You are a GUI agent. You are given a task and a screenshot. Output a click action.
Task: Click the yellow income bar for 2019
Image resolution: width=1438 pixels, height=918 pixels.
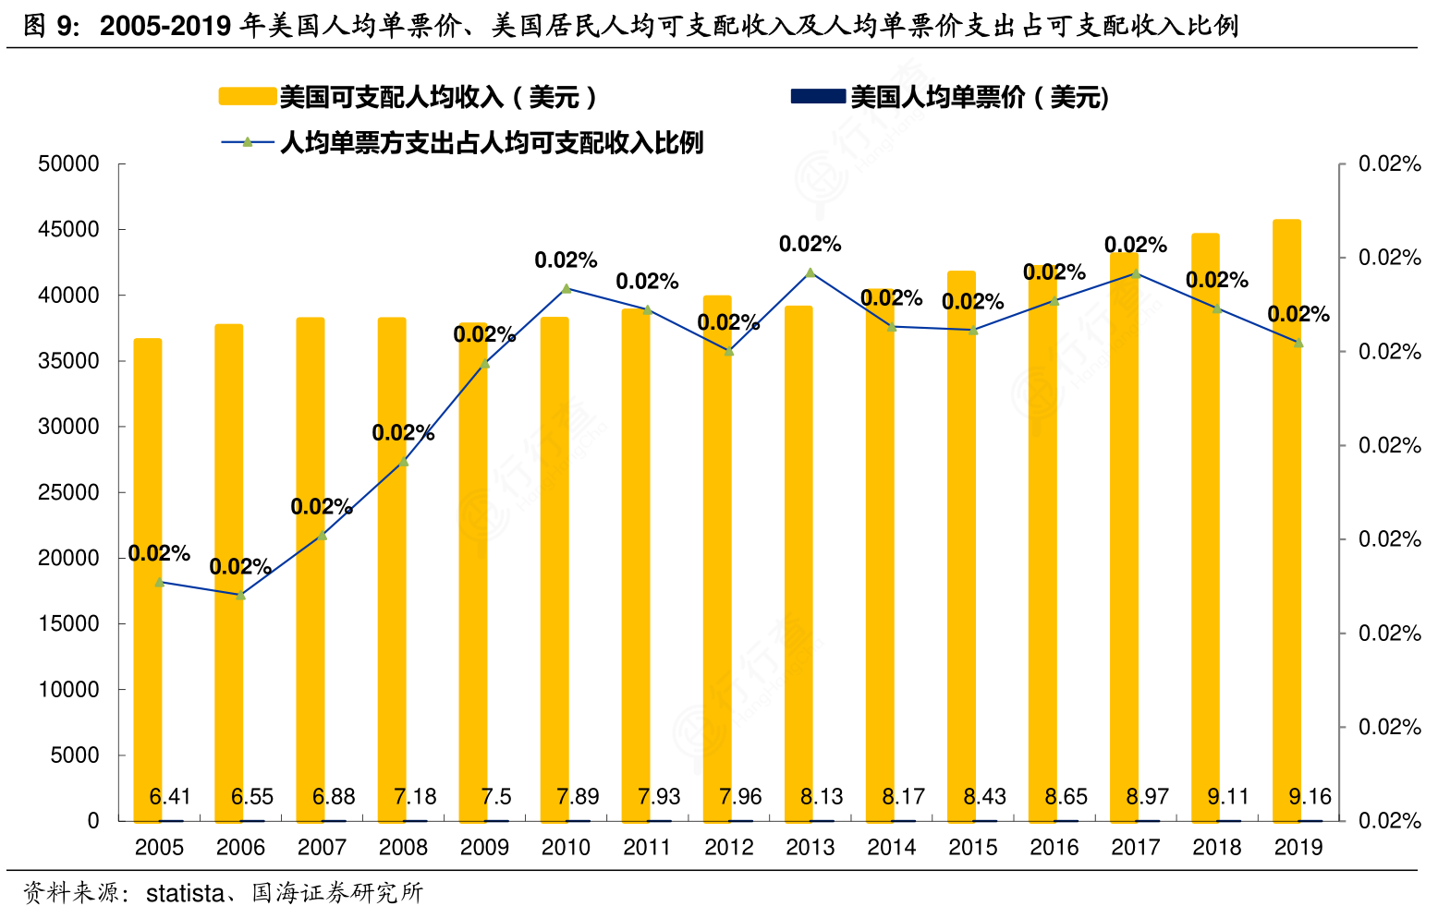(1286, 517)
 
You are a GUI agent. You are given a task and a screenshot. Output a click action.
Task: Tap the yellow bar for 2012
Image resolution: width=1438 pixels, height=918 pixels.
(717, 554)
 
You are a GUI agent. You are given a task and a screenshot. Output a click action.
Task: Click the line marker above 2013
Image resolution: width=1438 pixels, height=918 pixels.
(810, 272)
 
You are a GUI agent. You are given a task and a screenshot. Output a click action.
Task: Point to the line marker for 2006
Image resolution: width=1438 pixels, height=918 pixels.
(240, 595)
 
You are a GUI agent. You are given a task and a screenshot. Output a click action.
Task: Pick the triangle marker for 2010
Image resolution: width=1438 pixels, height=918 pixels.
(566, 288)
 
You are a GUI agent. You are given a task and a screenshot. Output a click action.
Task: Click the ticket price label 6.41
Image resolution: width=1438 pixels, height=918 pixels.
(170, 796)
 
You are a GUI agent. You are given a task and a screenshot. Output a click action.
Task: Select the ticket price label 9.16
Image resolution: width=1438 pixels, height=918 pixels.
(1310, 796)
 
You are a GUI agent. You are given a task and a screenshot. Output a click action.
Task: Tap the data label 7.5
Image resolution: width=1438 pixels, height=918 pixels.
(496, 796)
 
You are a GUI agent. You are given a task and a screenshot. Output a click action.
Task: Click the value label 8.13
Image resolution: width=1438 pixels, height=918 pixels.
(822, 796)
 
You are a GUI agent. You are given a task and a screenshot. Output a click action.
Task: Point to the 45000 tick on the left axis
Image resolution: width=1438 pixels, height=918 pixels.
(68, 229)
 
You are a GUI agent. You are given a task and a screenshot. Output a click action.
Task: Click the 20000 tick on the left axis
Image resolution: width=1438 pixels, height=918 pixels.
(68, 558)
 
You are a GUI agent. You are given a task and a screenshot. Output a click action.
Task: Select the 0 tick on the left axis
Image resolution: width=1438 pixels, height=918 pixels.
(92, 820)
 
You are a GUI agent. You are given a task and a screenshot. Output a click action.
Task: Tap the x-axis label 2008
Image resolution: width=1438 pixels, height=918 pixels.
(403, 847)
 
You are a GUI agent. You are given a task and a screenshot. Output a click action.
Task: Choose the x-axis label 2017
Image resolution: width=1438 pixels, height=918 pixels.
(1135, 847)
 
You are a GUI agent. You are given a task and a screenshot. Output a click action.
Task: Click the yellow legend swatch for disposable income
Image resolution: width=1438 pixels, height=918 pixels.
(247, 96)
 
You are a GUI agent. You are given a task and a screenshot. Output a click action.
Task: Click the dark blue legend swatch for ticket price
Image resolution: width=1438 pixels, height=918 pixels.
(818, 96)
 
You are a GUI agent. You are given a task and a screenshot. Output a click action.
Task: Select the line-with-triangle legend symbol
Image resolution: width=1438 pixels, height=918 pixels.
(247, 142)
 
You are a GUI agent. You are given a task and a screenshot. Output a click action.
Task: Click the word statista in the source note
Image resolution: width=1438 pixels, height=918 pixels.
(185, 893)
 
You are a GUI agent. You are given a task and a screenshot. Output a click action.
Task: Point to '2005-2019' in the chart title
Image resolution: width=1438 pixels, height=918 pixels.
(165, 26)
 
